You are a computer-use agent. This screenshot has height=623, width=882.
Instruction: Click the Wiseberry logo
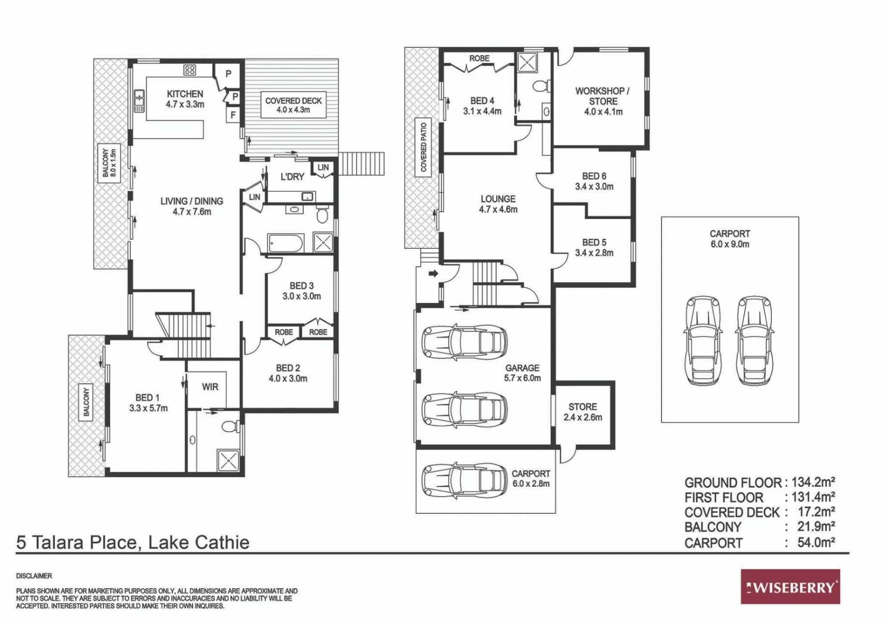tap(790, 586)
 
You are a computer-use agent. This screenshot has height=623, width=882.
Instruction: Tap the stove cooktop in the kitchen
tap(190, 70)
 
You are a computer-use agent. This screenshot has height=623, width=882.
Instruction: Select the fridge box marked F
tap(233, 115)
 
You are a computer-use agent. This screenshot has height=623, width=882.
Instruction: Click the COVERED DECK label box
tap(294, 105)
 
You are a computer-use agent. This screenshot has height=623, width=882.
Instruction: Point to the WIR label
tap(210, 387)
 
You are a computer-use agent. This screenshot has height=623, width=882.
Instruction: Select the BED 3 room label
tap(302, 291)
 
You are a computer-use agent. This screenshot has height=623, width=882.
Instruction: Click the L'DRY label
tap(292, 177)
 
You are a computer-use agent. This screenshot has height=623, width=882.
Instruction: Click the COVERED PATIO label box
tap(424, 147)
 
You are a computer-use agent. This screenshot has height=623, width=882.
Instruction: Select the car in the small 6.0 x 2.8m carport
tap(464, 481)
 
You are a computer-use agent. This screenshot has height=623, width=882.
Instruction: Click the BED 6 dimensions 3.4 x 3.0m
tap(594, 187)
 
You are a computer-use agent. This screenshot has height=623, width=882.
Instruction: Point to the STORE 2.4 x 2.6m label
tap(583, 412)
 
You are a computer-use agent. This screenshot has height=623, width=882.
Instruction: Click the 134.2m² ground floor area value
tap(813, 482)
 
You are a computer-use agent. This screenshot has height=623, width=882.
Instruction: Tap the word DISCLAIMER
tap(34, 576)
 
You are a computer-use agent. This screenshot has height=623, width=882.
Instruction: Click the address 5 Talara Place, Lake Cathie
tap(133, 542)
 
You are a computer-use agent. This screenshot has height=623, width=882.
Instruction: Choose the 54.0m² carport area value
tap(816, 542)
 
